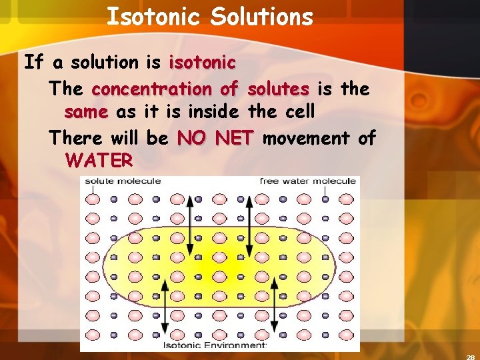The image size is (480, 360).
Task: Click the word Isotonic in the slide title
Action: tap(152, 17)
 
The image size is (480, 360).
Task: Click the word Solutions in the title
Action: tap(261, 17)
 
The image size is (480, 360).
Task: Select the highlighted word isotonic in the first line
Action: tap(202, 63)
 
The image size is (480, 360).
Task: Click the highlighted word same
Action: tap(86, 112)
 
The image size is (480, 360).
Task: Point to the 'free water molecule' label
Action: tap(308, 181)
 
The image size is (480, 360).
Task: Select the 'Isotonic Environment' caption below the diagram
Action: tap(215, 345)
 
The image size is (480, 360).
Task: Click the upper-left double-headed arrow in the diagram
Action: tap(190, 226)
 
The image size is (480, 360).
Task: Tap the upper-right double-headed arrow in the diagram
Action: tap(249, 226)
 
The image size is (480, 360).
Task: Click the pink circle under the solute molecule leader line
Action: tap(93, 199)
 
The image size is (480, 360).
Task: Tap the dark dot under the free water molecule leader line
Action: tap(325, 199)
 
